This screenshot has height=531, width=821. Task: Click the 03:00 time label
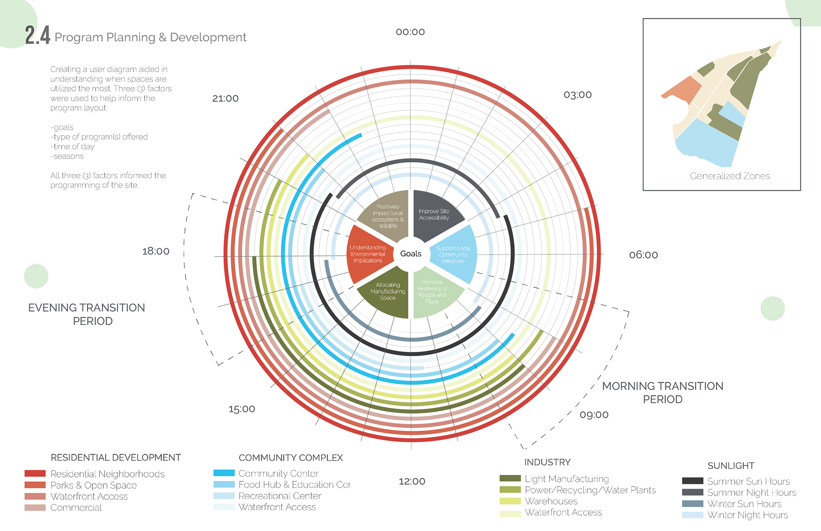(x=577, y=94)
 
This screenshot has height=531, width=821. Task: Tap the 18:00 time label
(x=156, y=251)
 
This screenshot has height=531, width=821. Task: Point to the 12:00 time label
(x=412, y=481)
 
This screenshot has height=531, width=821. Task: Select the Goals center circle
(x=410, y=254)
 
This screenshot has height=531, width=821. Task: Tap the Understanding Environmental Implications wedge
(x=367, y=254)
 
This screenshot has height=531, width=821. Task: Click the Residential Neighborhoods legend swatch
(x=35, y=474)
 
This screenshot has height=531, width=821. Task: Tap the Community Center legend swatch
(x=224, y=473)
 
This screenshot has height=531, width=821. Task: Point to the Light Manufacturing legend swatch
(x=510, y=478)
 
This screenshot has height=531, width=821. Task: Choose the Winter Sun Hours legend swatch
(x=692, y=504)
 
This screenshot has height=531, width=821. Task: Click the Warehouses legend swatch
(x=510, y=501)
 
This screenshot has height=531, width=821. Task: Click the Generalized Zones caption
(x=729, y=176)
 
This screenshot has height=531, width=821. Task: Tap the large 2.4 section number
(x=37, y=35)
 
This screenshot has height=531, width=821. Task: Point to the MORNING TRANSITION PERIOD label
(x=662, y=392)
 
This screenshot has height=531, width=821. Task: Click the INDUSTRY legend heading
(x=547, y=462)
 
